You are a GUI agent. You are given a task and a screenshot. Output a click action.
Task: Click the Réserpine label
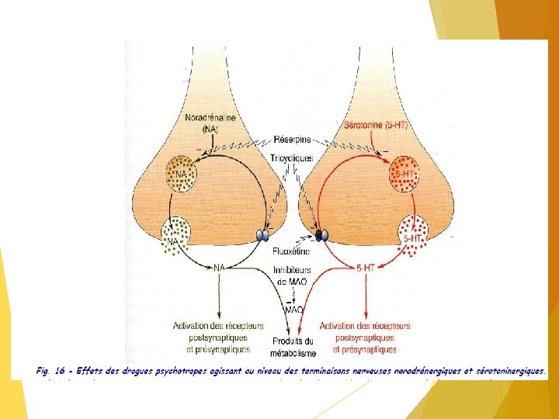click(x=290, y=140)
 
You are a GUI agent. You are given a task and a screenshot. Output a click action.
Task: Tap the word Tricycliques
click(x=292, y=158)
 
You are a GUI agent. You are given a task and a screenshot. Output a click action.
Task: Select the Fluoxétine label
click(x=291, y=251)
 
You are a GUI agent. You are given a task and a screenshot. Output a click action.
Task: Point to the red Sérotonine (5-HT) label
click(x=375, y=124)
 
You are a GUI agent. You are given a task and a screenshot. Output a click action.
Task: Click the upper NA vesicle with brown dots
click(x=181, y=174)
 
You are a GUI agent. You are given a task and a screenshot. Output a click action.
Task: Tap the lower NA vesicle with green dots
click(x=175, y=235)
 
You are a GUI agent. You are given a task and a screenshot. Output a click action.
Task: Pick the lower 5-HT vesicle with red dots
click(x=412, y=233)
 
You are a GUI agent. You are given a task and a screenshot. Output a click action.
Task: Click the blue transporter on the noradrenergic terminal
click(x=264, y=234)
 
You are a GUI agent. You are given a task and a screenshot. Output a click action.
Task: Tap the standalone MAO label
click(x=293, y=310)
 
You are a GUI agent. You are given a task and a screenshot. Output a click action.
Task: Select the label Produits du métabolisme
click(x=293, y=347)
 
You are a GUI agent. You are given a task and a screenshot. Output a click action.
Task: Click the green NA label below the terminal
click(x=220, y=267)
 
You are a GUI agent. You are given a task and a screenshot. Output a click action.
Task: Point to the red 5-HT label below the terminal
click(x=366, y=268)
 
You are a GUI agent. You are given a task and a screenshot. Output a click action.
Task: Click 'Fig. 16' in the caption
click(x=49, y=371)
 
